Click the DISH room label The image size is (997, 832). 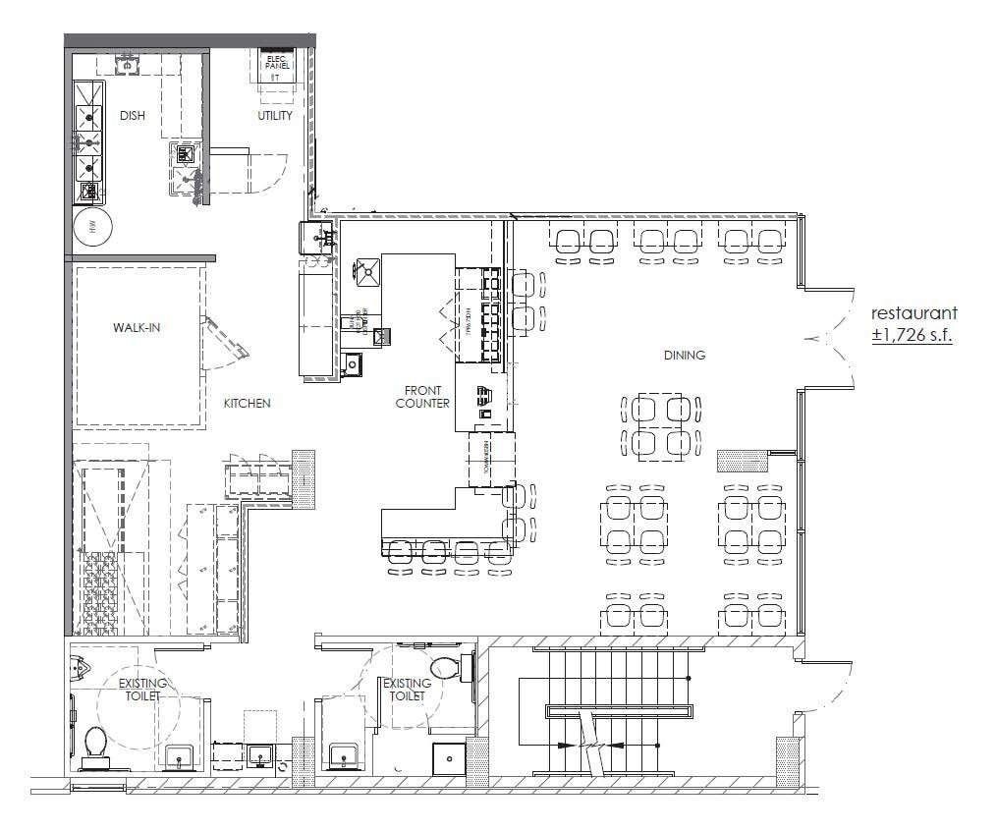click(132, 116)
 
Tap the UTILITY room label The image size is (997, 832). click(275, 116)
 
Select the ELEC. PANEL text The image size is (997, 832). click(275, 64)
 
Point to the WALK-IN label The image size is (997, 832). click(136, 327)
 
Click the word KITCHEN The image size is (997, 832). click(247, 403)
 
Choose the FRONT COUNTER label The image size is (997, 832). click(422, 397)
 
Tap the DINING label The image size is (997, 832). click(684, 356)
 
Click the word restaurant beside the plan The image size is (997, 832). click(914, 313)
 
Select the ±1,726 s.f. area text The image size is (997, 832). click(914, 335)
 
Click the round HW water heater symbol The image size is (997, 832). click(93, 227)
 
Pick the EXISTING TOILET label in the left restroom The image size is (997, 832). click(142, 690)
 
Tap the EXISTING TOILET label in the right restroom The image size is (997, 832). click(406, 690)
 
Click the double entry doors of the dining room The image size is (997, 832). click(830, 338)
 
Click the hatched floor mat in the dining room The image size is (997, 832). click(742, 459)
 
